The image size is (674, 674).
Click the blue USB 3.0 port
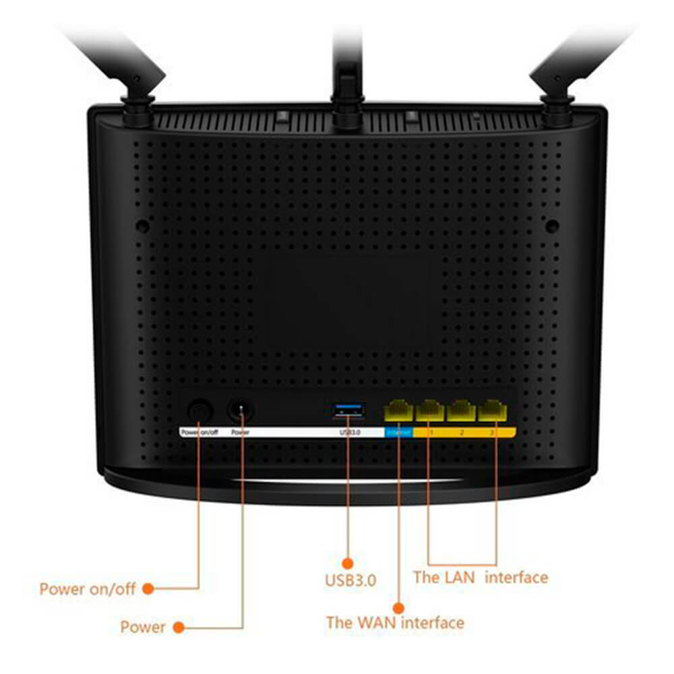click(348, 408)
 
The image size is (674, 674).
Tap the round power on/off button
click(200, 409)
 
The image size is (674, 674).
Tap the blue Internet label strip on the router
click(398, 432)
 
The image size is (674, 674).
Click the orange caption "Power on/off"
click(88, 589)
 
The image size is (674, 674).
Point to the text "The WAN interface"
click(395, 622)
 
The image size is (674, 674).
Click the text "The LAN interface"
click(480, 578)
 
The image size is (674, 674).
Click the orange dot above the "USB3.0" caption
click(348, 562)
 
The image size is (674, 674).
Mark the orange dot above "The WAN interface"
click(398, 606)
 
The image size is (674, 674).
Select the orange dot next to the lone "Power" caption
click(179, 627)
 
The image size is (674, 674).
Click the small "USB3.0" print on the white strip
click(350, 432)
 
